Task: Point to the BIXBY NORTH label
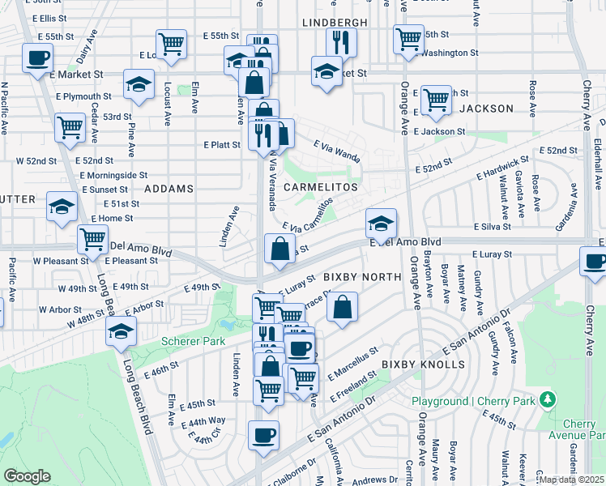pos(362,277)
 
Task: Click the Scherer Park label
pos(193,341)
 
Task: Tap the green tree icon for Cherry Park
pos(548,400)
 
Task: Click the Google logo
pos(27,476)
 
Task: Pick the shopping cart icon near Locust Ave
pos(171,45)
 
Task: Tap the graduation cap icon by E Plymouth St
pos(139,83)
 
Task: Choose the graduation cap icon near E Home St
pos(62,207)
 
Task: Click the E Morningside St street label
pos(113,174)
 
